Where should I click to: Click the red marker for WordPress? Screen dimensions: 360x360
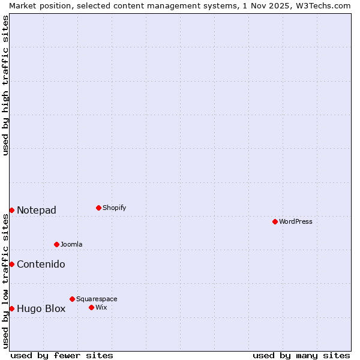click(x=275, y=221)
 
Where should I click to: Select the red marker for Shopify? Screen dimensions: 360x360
click(x=98, y=208)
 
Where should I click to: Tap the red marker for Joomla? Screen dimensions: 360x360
click(x=56, y=244)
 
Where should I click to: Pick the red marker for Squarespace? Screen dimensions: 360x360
click(x=72, y=299)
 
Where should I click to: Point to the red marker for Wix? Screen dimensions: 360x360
click(x=91, y=307)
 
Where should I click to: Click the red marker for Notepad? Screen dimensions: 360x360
click(x=11, y=210)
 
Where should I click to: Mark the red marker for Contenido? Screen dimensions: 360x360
click(x=11, y=264)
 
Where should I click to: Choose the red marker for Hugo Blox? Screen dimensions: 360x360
click(x=11, y=308)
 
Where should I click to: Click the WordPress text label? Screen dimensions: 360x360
click(x=296, y=221)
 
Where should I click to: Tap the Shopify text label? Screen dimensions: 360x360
click(x=115, y=208)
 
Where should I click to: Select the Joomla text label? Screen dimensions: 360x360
click(x=71, y=244)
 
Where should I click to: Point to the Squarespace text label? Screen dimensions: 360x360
click(x=97, y=299)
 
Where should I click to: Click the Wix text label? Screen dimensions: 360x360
click(x=101, y=307)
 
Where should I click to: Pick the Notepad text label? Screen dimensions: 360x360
click(x=37, y=210)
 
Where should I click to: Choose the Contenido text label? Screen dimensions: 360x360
click(x=41, y=264)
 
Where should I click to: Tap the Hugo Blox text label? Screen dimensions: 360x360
click(x=41, y=309)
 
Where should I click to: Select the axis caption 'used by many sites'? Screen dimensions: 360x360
click(x=301, y=355)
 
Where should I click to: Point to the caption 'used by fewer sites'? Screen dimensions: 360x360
click(x=62, y=355)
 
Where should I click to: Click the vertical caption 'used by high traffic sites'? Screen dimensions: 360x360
click(x=5, y=85)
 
